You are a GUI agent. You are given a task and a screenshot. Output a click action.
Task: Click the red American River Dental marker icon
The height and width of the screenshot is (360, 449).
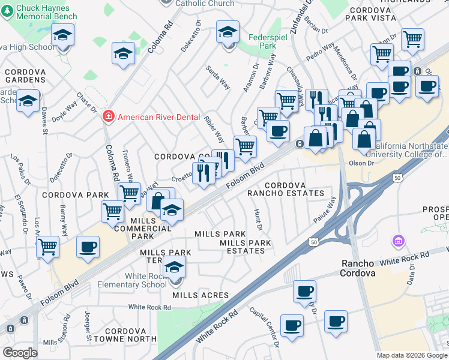109,117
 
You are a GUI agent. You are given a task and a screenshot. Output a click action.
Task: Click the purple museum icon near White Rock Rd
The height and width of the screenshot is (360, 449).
397,241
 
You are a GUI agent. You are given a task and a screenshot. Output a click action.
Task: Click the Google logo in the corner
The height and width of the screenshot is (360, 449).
20,353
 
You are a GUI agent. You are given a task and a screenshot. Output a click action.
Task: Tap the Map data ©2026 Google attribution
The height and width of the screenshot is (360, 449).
412,355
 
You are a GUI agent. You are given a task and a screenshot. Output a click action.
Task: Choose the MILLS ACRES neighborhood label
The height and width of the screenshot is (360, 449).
200,295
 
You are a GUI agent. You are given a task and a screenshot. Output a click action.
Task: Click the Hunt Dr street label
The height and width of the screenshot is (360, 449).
258,220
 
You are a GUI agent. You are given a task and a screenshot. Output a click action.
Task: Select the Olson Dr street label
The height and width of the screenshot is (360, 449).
361,163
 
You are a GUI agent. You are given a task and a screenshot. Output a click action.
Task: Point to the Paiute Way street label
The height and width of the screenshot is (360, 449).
324,210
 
